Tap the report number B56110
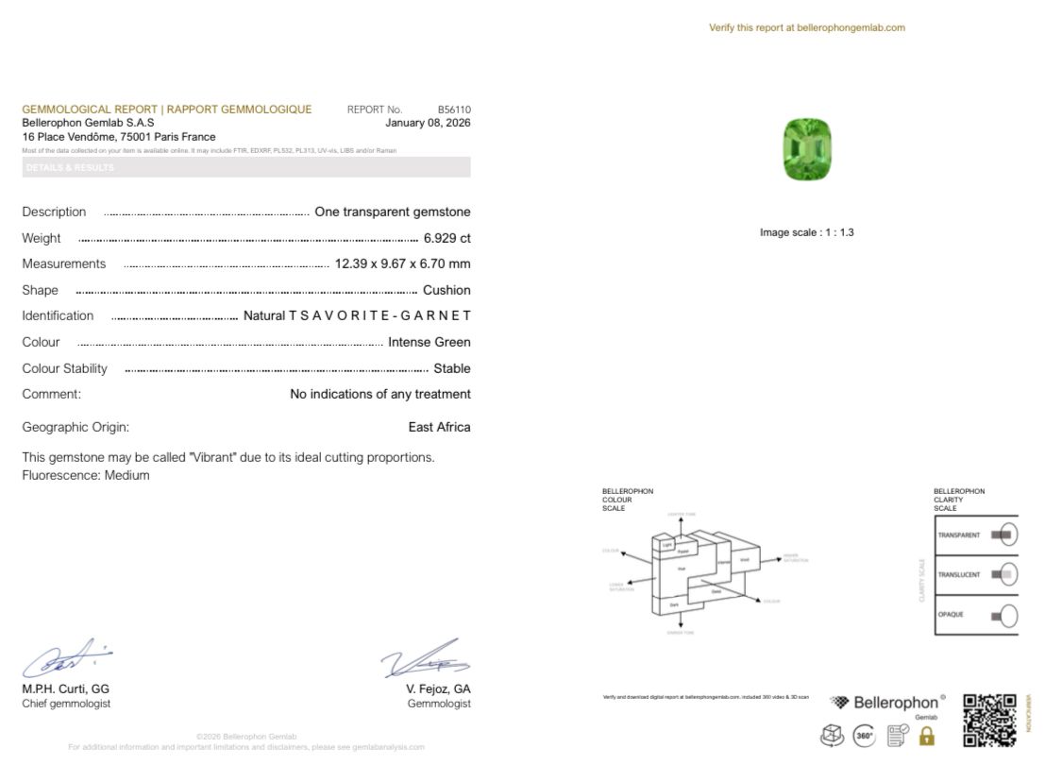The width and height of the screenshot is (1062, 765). point(453,110)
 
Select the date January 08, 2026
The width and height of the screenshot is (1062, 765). point(428,123)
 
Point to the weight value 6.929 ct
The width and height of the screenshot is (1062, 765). point(447,238)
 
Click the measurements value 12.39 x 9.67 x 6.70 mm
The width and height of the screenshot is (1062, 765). point(402,263)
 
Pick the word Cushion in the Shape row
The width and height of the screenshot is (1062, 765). point(447,290)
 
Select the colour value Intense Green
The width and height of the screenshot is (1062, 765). point(429,342)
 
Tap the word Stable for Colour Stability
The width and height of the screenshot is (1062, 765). point(451,368)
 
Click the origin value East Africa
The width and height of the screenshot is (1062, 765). point(439,427)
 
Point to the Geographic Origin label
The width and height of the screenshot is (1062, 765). point(76,427)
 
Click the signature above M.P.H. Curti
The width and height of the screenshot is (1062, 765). point(66,658)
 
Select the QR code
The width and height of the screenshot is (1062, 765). point(989,720)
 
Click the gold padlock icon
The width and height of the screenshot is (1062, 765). point(926,736)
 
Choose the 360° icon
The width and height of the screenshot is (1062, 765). point(864,736)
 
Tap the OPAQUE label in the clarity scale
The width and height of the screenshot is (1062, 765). point(951,615)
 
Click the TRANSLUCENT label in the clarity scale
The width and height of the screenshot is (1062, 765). point(958,575)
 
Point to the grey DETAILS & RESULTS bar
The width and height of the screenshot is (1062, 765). point(246,167)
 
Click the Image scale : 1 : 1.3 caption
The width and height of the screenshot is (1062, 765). point(806,232)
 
